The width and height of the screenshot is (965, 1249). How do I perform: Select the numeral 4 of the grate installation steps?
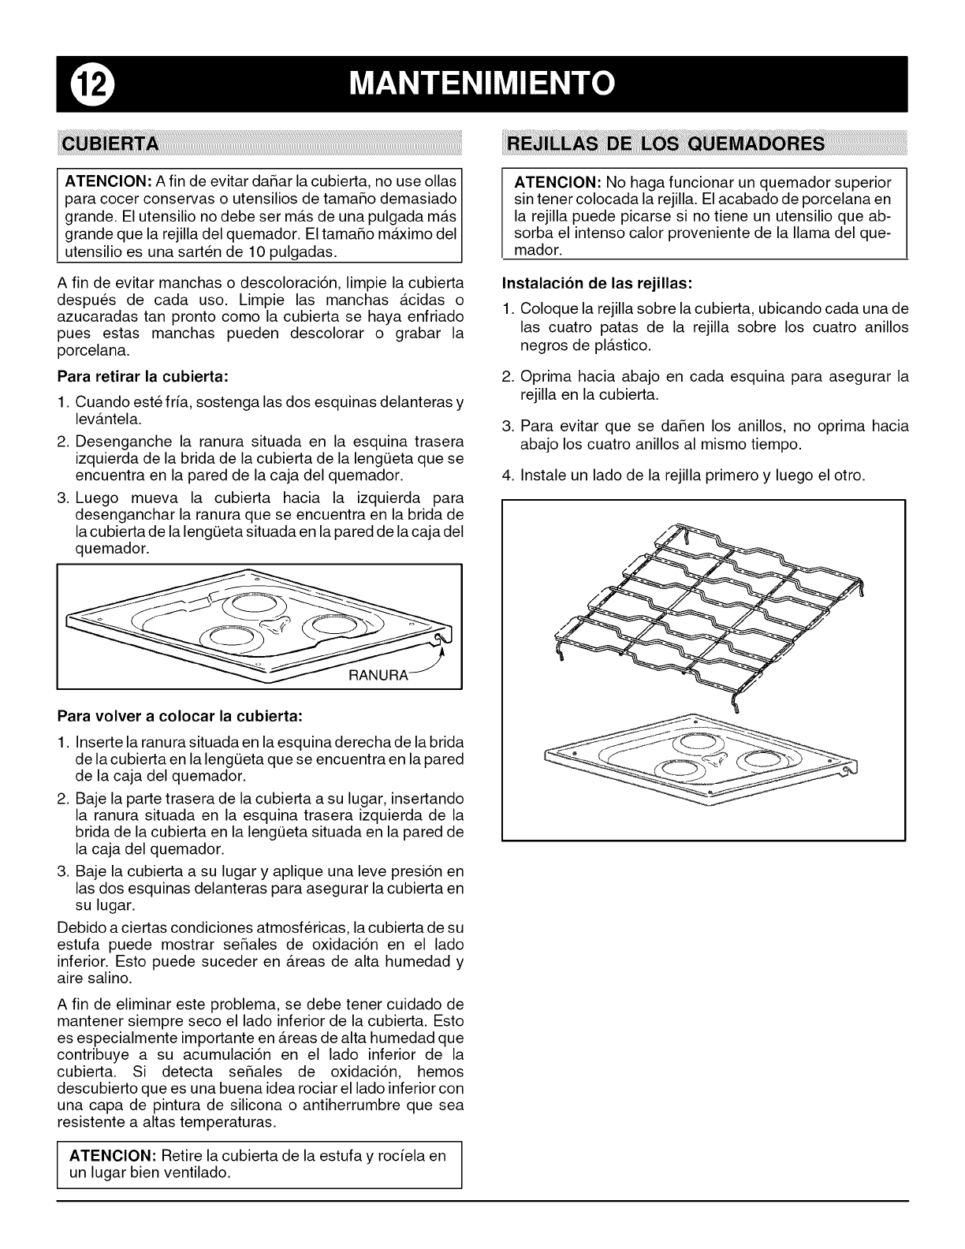pos(508,476)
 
